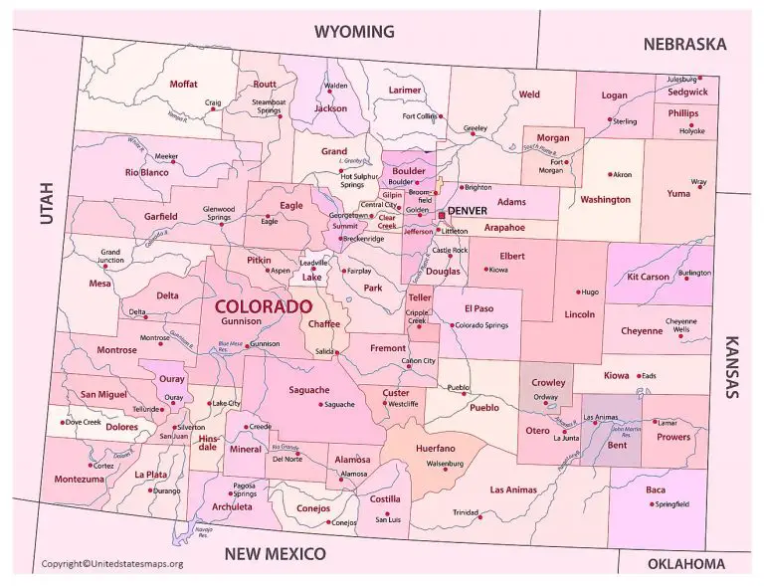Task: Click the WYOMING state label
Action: [354, 31]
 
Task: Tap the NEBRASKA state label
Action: [684, 44]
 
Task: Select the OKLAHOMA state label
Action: [686, 564]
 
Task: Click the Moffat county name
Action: [184, 84]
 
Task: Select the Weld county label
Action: [530, 95]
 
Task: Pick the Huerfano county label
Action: [436, 449]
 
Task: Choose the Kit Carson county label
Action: [648, 277]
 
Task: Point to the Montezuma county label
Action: [79, 479]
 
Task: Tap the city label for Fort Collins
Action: [419, 116]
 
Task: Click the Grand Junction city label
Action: [109, 257]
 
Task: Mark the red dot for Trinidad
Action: [479, 516]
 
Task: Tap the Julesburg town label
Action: [679, 78]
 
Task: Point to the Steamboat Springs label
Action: [269, 106]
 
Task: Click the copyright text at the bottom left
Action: [112, 564]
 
